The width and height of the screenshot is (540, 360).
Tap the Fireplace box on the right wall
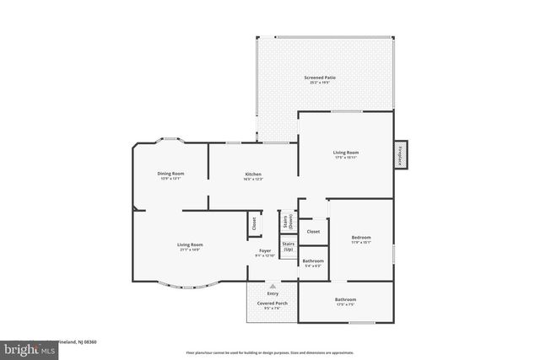click(400, 155)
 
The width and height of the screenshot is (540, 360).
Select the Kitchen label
click(240, 174)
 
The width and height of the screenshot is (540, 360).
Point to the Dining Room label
click(170, 174)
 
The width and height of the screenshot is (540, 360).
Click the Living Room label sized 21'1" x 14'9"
click(190, 244)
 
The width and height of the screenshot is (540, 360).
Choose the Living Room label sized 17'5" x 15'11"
click(346, 153)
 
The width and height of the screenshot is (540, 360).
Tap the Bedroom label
click(361, 238)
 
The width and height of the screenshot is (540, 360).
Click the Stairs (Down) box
click(290, 221)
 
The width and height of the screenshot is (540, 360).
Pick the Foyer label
click(264, 251)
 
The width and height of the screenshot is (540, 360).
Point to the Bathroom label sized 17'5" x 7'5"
click(345, 299)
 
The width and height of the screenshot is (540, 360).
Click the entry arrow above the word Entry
click(273, 286)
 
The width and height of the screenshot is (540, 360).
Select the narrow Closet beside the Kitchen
click(253, 223)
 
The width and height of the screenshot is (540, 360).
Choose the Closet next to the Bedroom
click(313, 231)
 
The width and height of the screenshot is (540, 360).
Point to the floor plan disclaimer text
click(269, 352)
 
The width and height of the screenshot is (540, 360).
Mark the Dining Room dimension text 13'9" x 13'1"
click(170, 179)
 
